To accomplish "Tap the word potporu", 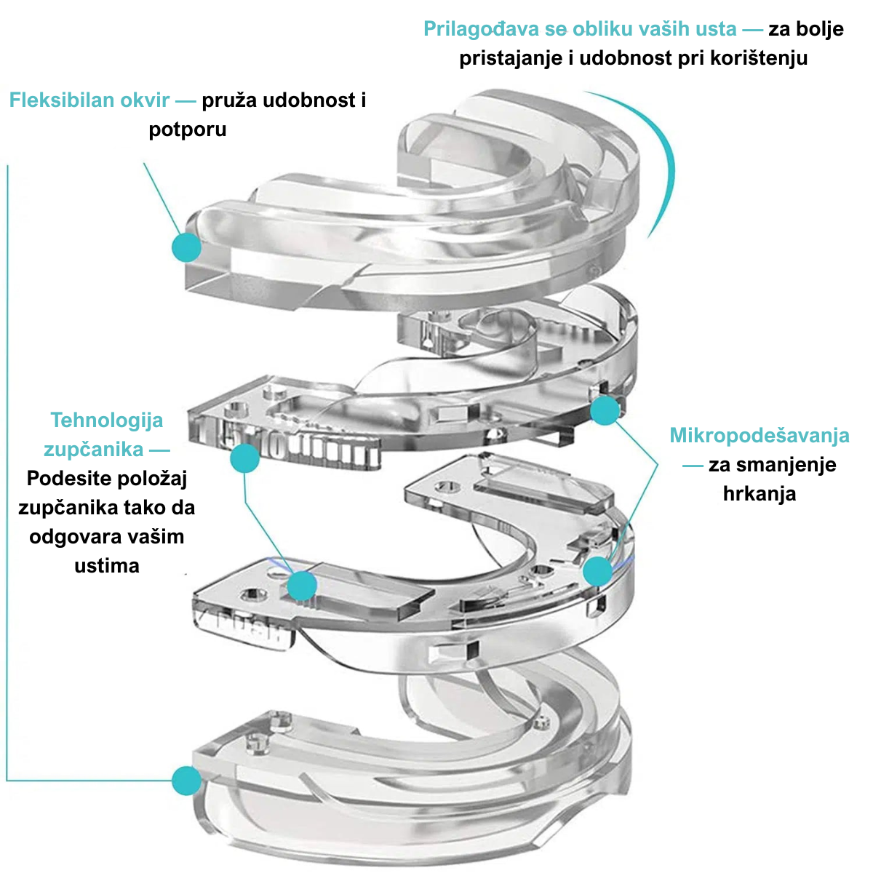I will [187, 129].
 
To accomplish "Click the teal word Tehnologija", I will [106, 420].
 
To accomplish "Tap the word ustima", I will [106, 566].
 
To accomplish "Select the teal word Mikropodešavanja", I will [759, 436].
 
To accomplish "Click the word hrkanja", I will [759, 494].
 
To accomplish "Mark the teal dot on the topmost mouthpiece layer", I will [186, 247].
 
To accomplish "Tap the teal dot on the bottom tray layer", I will [187, 781].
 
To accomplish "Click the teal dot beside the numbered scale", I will [244, 458].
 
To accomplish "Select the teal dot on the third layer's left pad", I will [302, 586].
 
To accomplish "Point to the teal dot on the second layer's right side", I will [605, 411].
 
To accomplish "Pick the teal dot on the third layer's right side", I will [598, 571].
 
